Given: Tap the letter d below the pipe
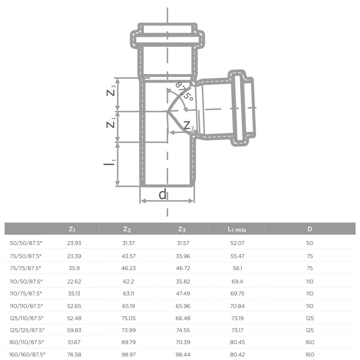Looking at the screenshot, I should (x=162, y=194).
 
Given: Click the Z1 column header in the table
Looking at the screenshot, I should (x=72, y=229).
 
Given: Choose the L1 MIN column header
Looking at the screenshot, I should (x=237, y=229).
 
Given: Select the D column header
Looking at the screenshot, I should (x=310, y=229).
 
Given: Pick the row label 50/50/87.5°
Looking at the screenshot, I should (x=25, y=243).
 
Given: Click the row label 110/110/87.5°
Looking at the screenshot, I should (x=26, y=306).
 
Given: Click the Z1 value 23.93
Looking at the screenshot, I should (x=72, y=243).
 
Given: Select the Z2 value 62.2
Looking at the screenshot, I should (x=127, y=282).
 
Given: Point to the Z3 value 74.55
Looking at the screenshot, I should (x=182, y=330).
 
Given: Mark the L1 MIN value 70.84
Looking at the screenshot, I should (x=237, y=306).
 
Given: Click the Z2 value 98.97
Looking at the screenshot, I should (x=127, y=354).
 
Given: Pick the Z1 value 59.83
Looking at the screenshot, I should (x=72, y=330).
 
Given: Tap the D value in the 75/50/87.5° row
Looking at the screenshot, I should (x=310, y=256).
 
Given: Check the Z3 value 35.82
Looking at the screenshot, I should (x=182, y=282).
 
